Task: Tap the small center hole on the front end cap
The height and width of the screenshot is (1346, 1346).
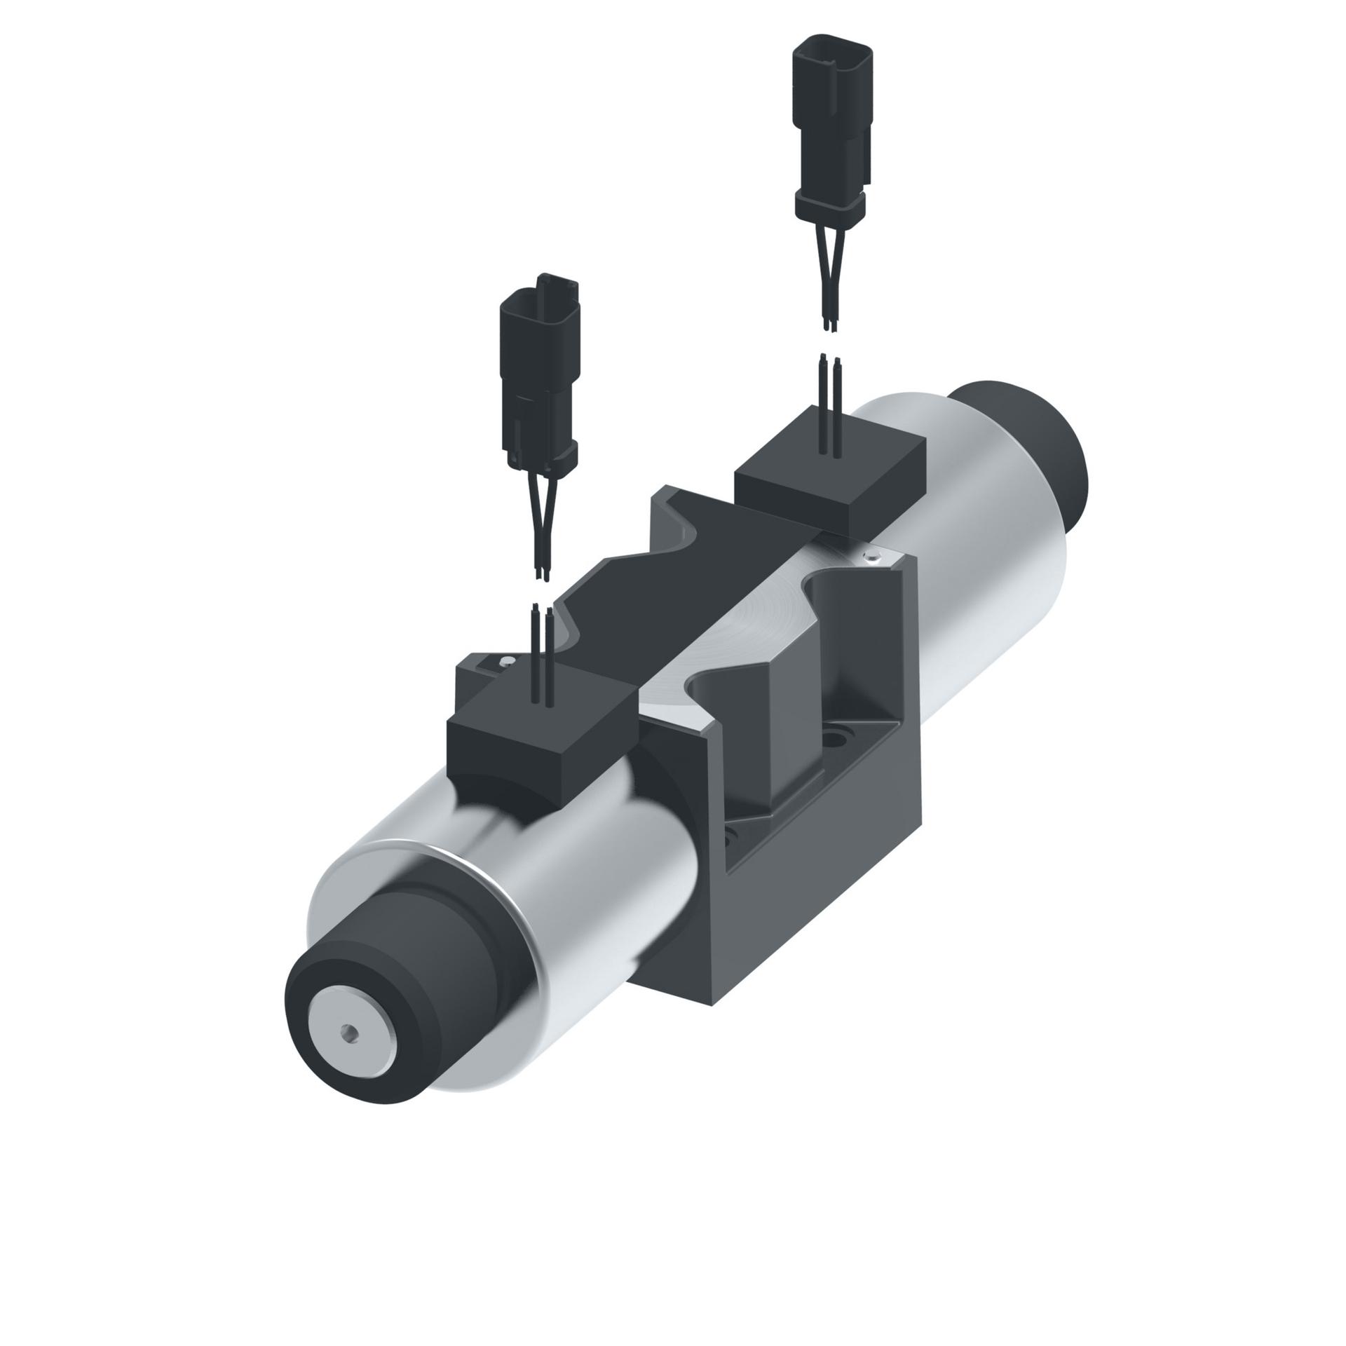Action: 348,1051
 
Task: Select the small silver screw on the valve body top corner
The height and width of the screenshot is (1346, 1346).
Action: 871,557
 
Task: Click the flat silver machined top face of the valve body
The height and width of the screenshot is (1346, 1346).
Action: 743,624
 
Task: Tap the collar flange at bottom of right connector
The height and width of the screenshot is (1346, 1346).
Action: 830,204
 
